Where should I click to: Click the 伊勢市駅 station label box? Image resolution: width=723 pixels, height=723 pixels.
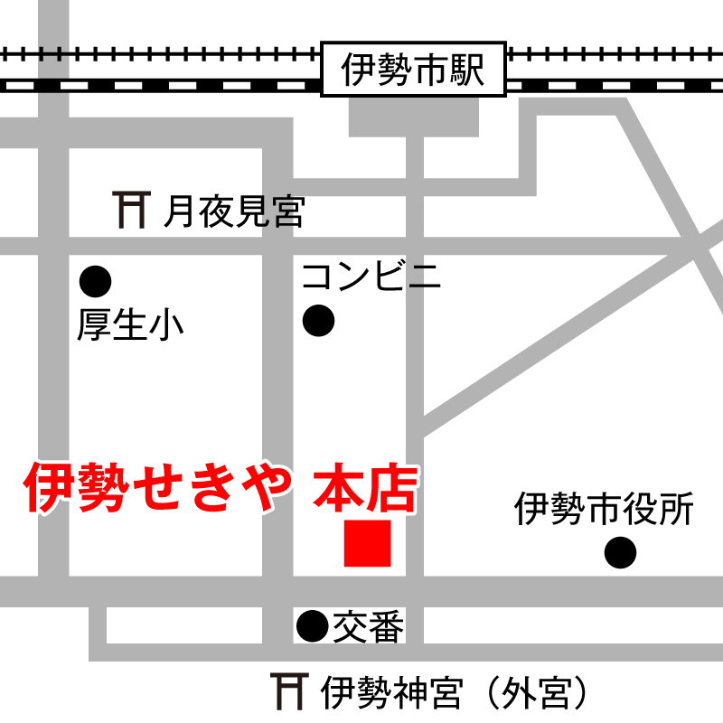click(x=414, y=70)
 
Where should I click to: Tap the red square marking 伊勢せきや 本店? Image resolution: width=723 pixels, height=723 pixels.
click(x=368, y=543)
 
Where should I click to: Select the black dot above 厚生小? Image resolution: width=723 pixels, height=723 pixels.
click(x=95, y=282)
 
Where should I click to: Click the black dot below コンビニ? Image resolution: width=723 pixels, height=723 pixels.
click(x=318, y=320)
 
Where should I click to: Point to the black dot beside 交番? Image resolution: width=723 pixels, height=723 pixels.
click(x=313, y=624)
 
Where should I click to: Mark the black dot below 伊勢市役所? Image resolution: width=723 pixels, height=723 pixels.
click(x=620, y=551)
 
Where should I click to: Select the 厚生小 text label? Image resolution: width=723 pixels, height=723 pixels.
click(x=130, y=325)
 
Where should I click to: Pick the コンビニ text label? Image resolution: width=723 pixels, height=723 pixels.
click(x=371, y=276)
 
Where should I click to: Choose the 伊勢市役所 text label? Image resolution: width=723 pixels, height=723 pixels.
click(x=604, y=510)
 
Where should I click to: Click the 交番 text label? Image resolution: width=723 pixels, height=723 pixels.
click(x=368, y=625)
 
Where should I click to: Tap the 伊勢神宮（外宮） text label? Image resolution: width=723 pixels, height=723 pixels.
click(x=456, y=693)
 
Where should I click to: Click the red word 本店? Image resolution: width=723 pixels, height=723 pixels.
click(x=365, y=489)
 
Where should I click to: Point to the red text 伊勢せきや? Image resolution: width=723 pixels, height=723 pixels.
click(x=159, y=489)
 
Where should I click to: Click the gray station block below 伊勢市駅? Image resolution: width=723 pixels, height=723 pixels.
click(x=414, y=114)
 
